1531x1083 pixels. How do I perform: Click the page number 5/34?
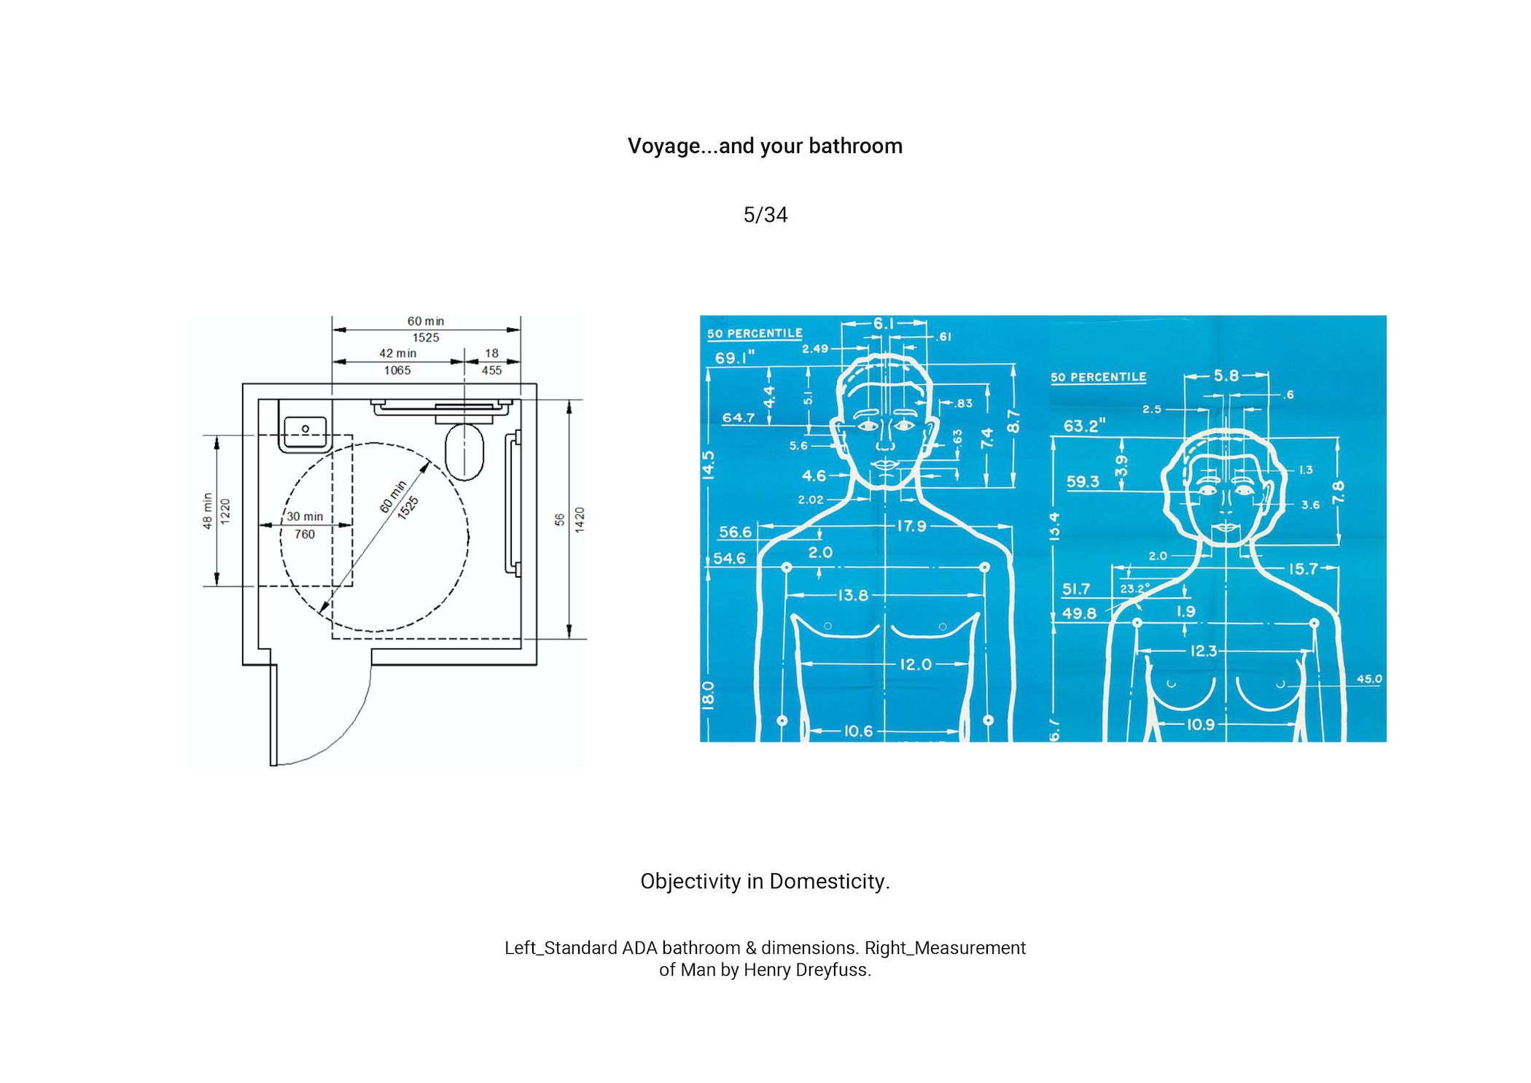[765, 215]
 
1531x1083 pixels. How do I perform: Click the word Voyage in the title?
[663, 147]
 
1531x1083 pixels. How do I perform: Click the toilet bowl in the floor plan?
[464, 451]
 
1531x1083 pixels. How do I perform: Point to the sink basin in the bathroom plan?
[305, 431]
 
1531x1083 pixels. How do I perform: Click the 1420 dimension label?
[580, 519]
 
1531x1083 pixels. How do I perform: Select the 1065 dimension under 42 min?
[397, 370]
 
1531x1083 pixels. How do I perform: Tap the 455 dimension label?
[492, 370]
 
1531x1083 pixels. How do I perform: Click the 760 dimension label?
[305, 535]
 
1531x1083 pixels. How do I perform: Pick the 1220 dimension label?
[225, 511]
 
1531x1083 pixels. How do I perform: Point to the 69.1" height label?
[734, 358]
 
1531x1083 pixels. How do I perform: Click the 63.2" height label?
[1084, 426]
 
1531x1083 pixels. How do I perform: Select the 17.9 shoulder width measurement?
[911, 526]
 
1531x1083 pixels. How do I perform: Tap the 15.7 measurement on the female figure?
[1304, 569]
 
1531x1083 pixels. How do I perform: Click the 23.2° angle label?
[1135, 588]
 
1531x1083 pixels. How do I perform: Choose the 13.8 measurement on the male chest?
[853, 595]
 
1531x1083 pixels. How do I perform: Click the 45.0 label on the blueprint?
[1369, 679]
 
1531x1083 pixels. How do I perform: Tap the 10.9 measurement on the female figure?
[1201, 724]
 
